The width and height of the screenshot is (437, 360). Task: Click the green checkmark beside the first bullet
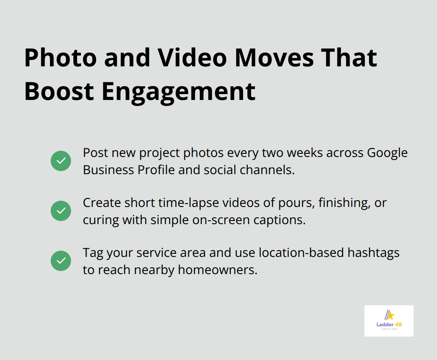pyautogui.click(x=61, y=161)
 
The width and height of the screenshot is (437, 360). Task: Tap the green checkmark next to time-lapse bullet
pyautogui.click(x=61, y=211)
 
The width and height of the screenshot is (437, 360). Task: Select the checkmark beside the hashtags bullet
pyautogui.click(x=61, y=261)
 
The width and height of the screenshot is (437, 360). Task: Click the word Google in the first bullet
pyautogui.click(x=387, y=153)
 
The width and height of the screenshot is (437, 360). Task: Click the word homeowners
pyautogui.click(x=218, y=270)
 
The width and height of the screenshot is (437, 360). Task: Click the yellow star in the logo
pyautogui.click(x=390, y=315)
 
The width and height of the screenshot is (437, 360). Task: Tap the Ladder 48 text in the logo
pyautogui.click(x=389, y=324)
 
